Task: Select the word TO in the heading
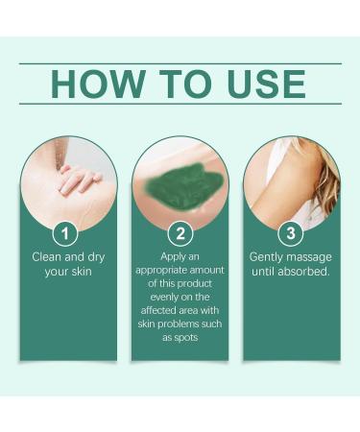click(174, 84)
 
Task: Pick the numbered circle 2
click(180, 234)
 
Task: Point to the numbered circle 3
click(291, 234)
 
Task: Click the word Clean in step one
click(51, 256)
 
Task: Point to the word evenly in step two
click(160, 298)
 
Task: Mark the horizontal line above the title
click(180, 63)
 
